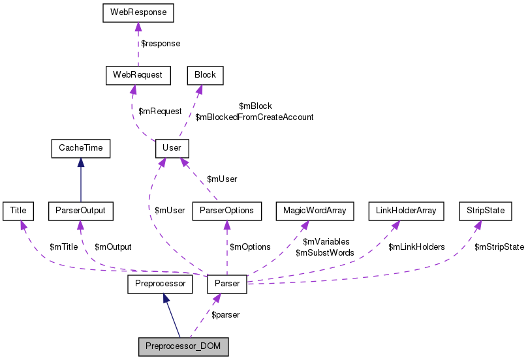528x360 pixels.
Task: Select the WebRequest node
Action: (x=138, y=75)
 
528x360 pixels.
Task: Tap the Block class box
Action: (x=205, y=75)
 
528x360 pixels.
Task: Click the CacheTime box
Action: (x=81, y=149)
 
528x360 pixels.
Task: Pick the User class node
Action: (x=172, y=149)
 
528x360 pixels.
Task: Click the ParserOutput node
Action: (x=81, y=211)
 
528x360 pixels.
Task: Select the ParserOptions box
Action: (x=227, y=211)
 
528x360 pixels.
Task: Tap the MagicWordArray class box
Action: (x=315, y=211)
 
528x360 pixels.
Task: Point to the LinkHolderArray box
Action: (x=406, y=211)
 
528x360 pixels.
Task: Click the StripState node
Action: (x=486, y=211)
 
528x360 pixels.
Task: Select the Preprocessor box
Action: (x=160, y=284)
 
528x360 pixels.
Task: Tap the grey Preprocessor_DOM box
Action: (x=184, y=346)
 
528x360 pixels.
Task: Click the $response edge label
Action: (x=161, y=44)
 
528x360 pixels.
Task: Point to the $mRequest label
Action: (x=160, y=112)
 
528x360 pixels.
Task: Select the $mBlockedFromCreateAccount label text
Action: (x=255, y=117)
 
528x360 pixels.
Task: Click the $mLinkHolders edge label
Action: (x=416, y=247)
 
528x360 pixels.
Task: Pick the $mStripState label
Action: (x=499, y=247)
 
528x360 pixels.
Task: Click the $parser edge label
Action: (x=225, y=315)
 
